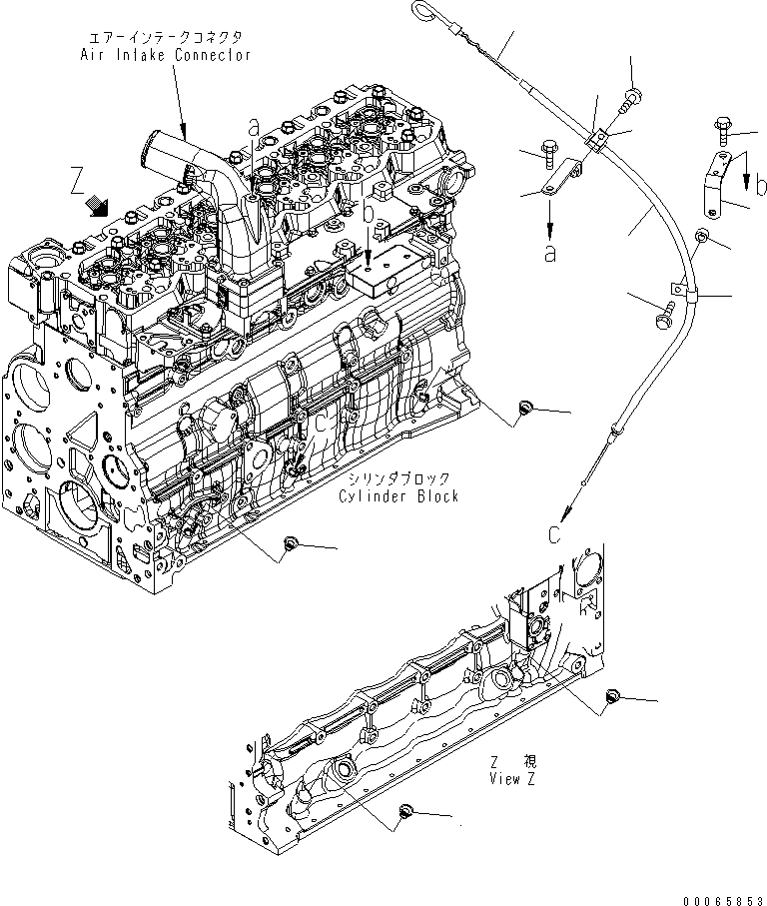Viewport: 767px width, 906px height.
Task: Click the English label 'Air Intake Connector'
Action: pos(165,56)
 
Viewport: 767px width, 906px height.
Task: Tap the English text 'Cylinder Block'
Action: pos(397,496)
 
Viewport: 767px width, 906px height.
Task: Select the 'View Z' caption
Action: pos(511,779)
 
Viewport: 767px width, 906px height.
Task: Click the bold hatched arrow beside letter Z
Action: pos(99,205)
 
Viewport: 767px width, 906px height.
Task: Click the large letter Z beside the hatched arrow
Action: pos(77,182)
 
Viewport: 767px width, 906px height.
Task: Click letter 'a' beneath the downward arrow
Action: pos(549,254)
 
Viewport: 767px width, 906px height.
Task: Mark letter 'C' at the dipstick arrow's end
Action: pos(556,534)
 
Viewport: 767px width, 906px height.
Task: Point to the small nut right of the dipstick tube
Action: pos(702,237)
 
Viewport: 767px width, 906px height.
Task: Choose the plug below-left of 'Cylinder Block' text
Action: pos(291,543)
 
